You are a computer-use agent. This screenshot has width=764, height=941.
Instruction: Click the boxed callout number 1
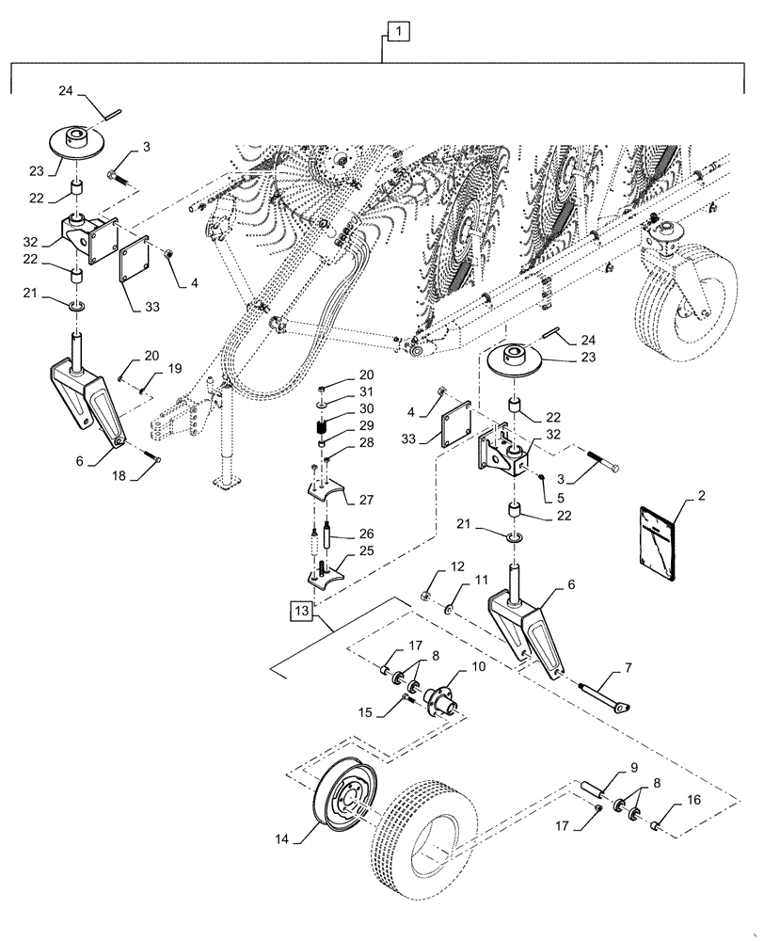click(399, 33)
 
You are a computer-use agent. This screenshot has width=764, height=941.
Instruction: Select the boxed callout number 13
click(301, 611)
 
